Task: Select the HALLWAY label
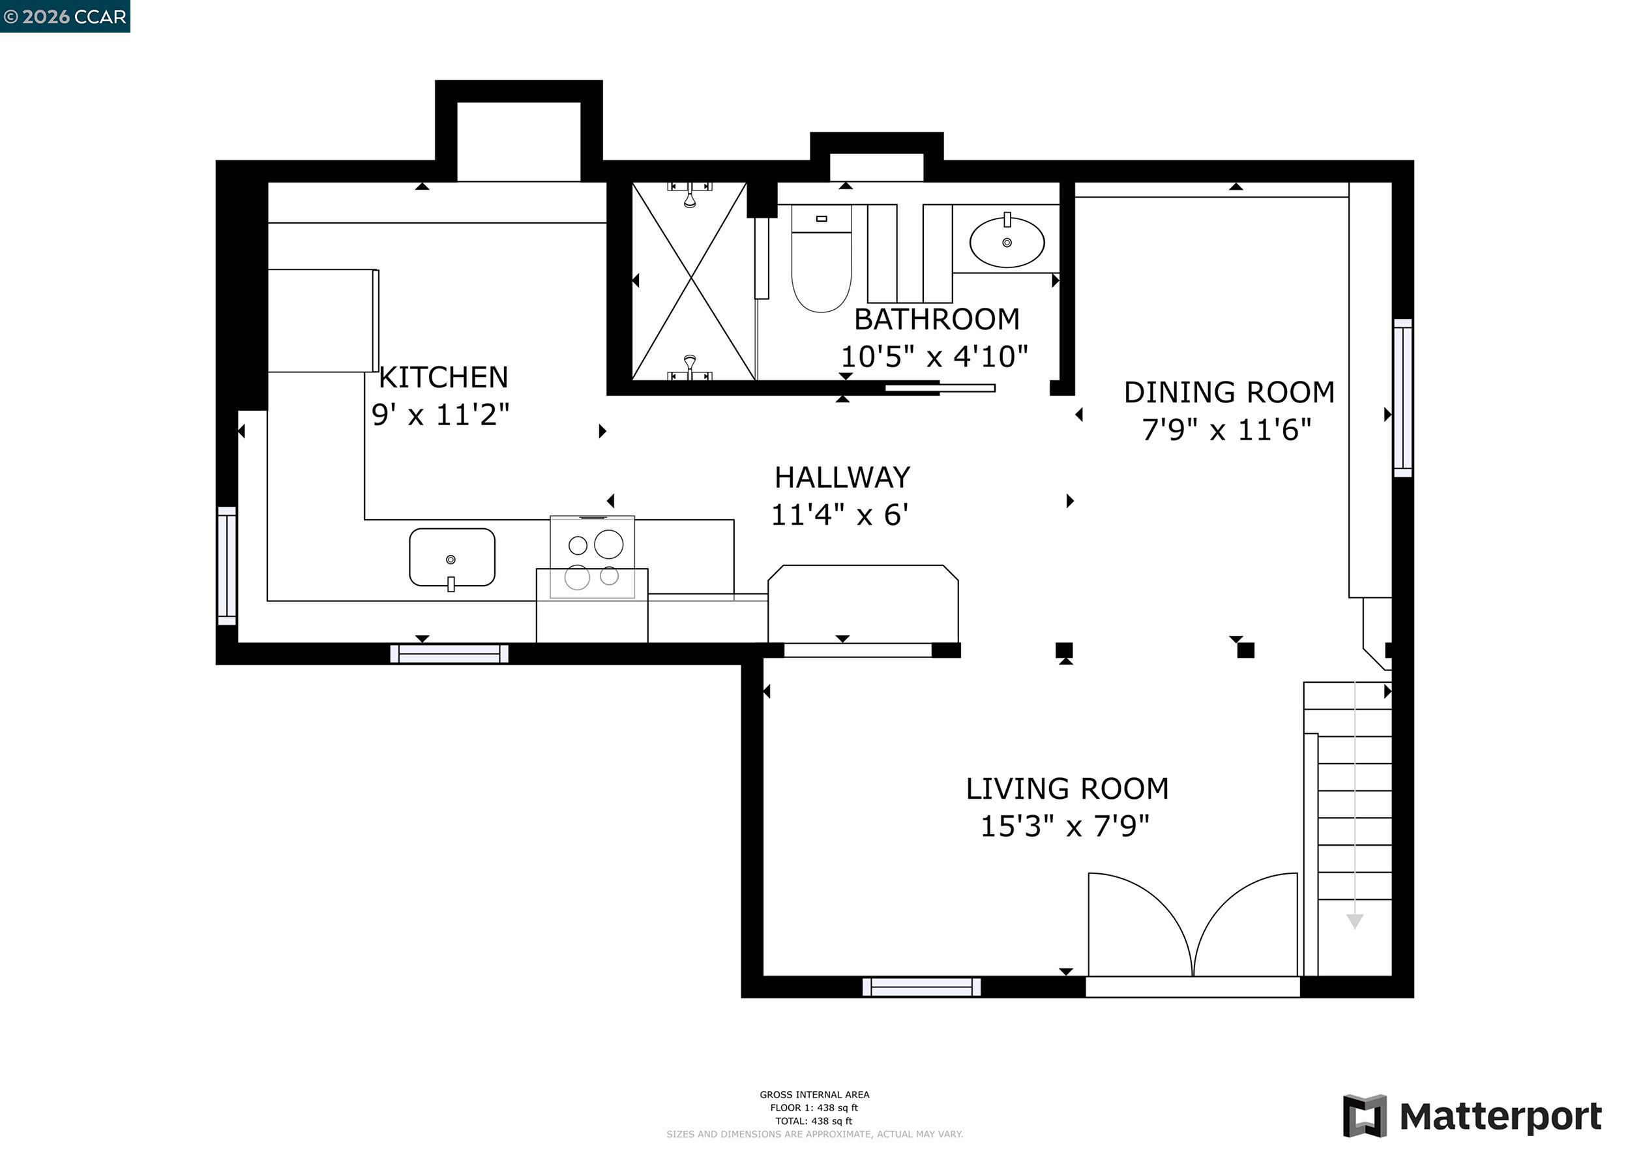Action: coord(842,478)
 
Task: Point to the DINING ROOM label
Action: coord(1229,393)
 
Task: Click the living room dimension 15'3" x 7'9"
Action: coord(1064,826)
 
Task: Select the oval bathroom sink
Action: coord(1007,242)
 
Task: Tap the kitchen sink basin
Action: coord(452,558)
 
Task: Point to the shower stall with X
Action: coord(693,281)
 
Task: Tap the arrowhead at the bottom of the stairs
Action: coord(1355,921)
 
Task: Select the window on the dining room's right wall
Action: coord(1402,398)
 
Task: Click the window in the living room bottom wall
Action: coord(921,987)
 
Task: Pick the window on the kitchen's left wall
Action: coord(226,566)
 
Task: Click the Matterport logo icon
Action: coord(1365,1115)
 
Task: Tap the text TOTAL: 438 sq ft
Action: coord(814,1121)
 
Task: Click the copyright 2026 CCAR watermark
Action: coord(65,16)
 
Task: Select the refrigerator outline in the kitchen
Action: coord(322,320)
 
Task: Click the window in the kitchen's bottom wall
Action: coord(449,653)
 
